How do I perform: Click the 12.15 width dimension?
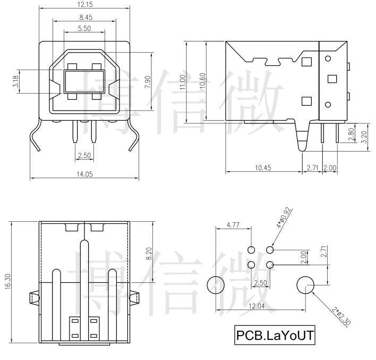(x=84, y=5)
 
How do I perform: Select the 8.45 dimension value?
(x=84, y=17)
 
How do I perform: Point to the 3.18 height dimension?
(x=15, y=82)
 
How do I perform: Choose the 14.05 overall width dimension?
(x=84, y=174)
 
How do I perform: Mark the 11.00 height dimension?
(x=183, y=82)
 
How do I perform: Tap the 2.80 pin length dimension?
(x=350, y=135)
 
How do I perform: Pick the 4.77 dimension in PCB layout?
(x=232, y=225)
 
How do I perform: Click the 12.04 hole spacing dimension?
(x=260, y=306)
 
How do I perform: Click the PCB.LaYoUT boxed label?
(x=275, y=336)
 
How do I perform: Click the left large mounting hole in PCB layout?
(x=216, y=286)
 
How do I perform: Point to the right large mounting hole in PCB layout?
(x=305, y=286)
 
